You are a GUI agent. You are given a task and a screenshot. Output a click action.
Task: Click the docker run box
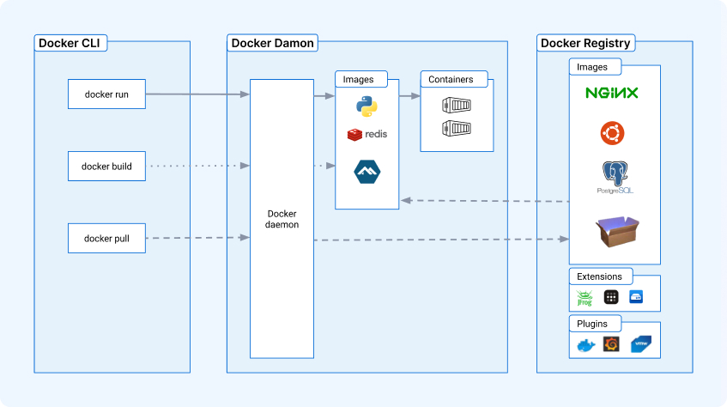[106, 94]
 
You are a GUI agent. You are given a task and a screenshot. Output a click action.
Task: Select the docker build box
[106, 166]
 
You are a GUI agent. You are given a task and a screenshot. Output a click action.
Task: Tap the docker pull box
[106, 238]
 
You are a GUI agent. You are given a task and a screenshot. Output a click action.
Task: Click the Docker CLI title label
[70, 43]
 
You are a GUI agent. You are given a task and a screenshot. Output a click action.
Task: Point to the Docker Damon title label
[273, 43]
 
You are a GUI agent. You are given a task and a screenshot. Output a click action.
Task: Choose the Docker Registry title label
[585, 43]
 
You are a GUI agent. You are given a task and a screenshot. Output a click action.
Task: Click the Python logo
[367, 106]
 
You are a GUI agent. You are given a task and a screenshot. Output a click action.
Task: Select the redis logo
[367, 135]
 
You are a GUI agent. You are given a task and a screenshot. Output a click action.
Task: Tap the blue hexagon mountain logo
[367, 172]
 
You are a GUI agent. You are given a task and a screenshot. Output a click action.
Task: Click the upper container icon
[457, 106]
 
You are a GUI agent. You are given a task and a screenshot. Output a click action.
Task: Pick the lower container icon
[457, 128]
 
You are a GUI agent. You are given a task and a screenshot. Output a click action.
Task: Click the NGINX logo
[612, 93]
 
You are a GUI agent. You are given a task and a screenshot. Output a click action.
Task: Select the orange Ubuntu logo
[613, 133]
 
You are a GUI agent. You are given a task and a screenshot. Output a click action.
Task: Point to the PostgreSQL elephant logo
[615, 177]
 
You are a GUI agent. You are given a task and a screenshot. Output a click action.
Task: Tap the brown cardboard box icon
[617, 231]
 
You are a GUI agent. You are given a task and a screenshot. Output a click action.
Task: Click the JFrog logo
[585, 298]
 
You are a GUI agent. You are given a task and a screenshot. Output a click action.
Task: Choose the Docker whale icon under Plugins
[586, 346]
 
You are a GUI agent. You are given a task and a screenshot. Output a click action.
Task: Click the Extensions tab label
[599, 276]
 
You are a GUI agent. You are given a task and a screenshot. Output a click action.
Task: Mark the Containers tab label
[451, 79]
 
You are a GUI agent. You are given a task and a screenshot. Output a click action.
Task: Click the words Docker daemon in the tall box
[282, 219]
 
